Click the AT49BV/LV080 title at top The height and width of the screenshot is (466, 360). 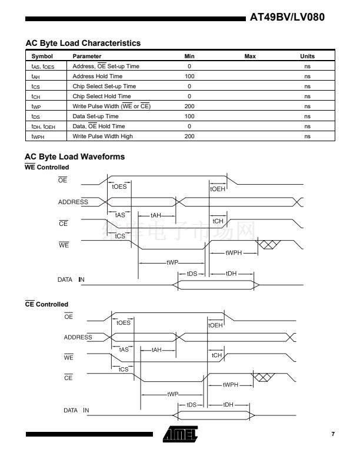click(287, 17)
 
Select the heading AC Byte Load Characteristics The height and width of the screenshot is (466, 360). click(82, 43)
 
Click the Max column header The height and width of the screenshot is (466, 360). click(250, 56)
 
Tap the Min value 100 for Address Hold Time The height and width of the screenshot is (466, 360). click(189, 76)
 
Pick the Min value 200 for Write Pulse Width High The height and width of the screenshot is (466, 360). click(189, 136)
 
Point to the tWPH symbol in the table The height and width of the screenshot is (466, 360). click(39, 137)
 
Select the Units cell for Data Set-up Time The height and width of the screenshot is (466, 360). click(307, 116)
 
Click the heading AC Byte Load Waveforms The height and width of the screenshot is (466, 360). click(74, 157)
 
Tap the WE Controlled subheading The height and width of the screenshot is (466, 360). click(46, 167)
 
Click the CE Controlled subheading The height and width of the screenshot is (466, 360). click(46, 304)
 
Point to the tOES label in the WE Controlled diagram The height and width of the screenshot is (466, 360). click(119, 187)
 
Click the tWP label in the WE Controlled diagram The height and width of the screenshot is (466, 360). click(173, 262)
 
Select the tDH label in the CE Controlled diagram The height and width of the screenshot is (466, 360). click(229, 405)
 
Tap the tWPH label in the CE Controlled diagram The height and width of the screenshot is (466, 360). click(230, 384)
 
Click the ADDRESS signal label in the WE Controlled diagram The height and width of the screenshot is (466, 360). click(73, 202)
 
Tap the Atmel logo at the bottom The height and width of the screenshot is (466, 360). click(181, 434)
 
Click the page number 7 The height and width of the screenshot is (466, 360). click(332, 434)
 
